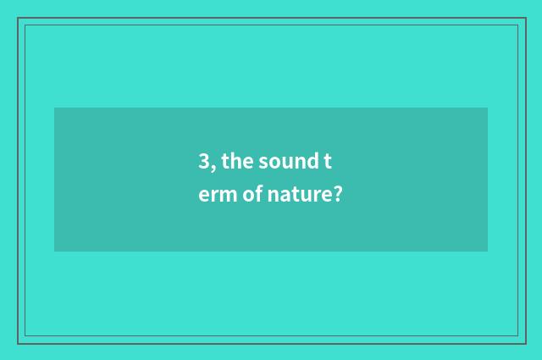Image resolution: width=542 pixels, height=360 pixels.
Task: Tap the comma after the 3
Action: click(212, 166)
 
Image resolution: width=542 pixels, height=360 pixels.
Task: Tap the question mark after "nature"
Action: click(337, 195)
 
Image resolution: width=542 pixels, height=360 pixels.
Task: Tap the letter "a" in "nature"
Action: click(286, 197)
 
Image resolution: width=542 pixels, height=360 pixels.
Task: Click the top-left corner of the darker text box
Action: click(54, 108)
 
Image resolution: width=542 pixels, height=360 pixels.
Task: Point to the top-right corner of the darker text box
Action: click(488, 108)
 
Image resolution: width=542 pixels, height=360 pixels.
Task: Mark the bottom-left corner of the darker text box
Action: click(54, 252)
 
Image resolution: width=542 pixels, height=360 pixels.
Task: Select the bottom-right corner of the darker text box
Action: click(488, 252)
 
